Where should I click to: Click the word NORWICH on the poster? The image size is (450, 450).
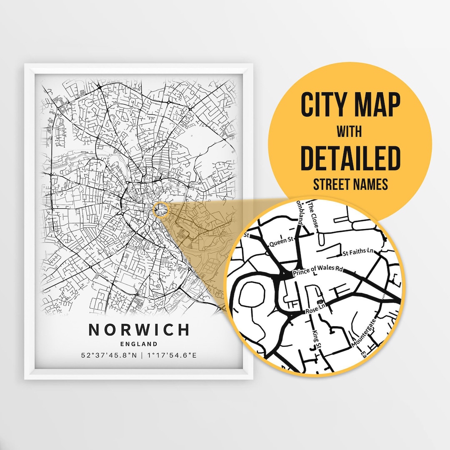point(139,330)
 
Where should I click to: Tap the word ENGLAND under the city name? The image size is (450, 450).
point(139,344)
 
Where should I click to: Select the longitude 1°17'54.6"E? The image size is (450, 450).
point(170,355)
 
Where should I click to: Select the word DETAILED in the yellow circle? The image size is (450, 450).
point(350,159)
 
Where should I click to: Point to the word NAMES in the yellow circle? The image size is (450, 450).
point(371,184)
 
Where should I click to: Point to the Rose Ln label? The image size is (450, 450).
point(315,310)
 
